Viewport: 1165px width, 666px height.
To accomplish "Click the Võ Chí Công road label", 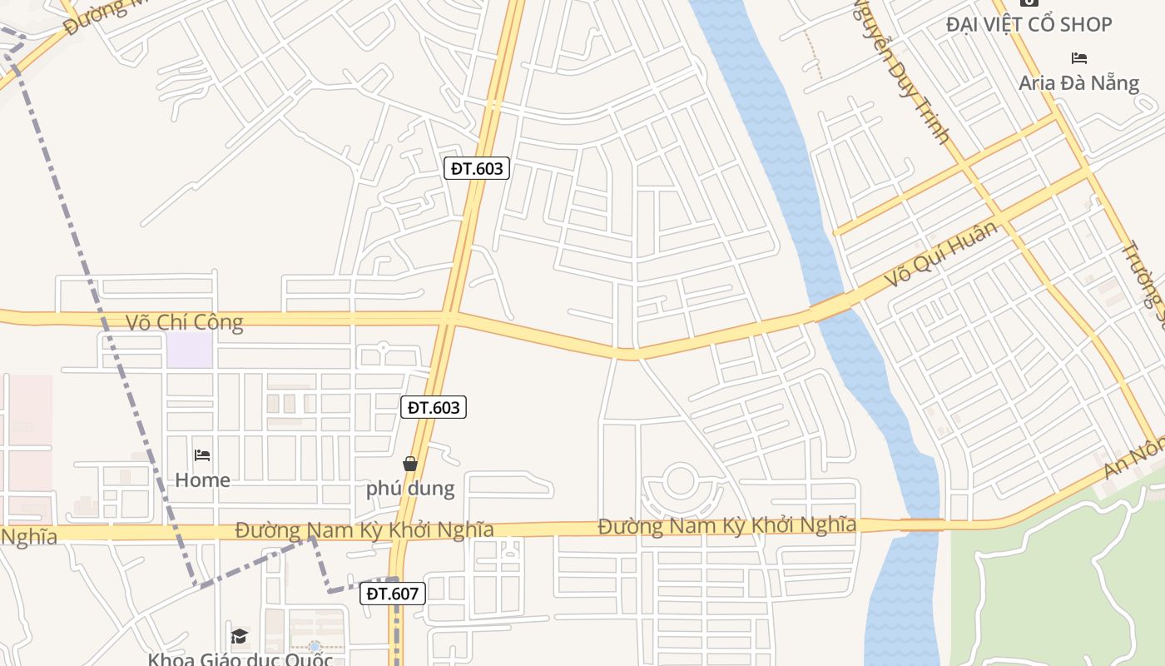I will click(184, 322).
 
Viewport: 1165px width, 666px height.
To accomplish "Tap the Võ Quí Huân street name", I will click(940, 254).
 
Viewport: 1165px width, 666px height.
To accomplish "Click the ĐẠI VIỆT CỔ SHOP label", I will click(1029, 25).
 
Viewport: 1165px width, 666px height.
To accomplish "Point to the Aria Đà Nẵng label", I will click(1078, 82).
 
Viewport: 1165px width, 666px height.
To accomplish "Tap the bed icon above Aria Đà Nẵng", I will click(1079, 58).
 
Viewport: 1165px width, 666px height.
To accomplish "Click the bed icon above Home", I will click(202, 455).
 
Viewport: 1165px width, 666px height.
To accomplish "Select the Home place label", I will click(202, 480).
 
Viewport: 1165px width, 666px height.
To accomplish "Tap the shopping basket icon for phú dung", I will click(410, 464).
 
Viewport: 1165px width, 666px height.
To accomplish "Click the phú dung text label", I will click(410, 489).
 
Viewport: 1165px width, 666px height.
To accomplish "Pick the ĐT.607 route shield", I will click(393, 594).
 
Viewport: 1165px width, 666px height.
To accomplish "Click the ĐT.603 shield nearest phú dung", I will click(433, 407).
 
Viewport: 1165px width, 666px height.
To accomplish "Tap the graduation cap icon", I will click(240, 636).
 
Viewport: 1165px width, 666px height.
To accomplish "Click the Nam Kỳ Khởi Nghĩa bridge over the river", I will click(921, 524).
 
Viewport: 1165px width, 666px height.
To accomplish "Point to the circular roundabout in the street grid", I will click(680, 480).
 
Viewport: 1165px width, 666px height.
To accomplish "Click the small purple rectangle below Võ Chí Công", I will click(190, 350).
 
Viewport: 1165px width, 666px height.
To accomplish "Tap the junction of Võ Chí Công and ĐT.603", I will click(449, 317).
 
